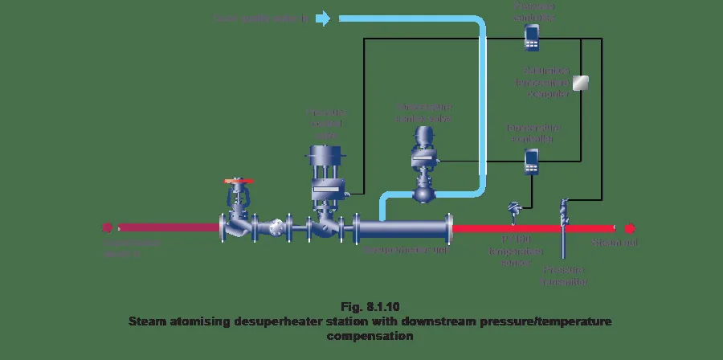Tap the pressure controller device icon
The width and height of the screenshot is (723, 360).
(531, 35)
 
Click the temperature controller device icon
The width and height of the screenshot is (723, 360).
(531, 162)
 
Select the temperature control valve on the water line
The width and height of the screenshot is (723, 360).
(423, 165)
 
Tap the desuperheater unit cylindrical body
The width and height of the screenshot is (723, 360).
(402, 229)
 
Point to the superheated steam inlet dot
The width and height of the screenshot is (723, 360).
(104, 228)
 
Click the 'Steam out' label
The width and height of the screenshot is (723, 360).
(614, 243)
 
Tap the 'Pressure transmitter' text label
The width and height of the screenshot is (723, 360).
(566, 276)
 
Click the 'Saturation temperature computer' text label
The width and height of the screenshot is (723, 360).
(546, 82)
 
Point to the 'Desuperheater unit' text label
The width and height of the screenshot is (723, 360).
(404, 250)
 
